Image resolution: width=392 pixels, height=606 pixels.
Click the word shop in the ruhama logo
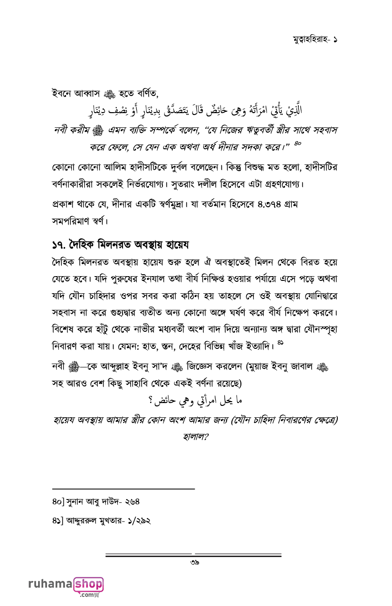tap(89, 584)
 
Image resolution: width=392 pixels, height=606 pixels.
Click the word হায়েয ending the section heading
tap(176, 245)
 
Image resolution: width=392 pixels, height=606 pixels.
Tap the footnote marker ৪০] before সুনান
tap(58, 501)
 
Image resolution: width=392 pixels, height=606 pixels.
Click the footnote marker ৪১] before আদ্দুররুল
tap(58, 521)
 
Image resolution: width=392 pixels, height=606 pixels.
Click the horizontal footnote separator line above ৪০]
tap(124, 488)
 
